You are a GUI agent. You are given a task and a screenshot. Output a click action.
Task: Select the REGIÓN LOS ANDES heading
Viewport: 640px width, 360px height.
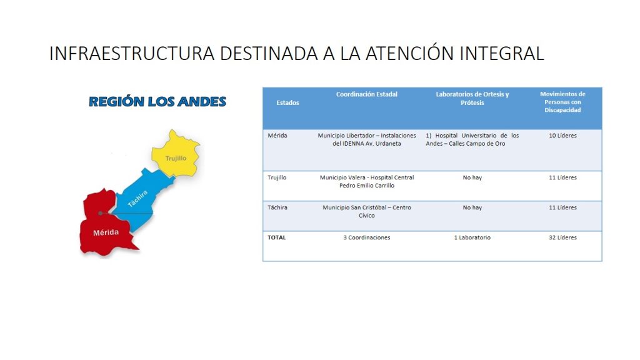click(157, 102)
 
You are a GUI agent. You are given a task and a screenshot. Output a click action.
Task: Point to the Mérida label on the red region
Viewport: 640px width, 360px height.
click(106, 232)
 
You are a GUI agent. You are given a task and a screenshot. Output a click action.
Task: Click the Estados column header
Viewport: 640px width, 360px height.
click(287, 103)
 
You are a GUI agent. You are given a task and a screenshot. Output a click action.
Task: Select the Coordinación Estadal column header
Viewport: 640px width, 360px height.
click(366, 94)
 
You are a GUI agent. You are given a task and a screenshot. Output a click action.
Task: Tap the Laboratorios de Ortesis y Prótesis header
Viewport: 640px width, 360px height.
click(472, 98)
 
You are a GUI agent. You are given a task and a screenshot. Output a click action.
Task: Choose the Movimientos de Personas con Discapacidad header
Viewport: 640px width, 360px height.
click(562, 102)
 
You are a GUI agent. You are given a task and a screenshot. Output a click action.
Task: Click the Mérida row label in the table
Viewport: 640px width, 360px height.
click(277, 136)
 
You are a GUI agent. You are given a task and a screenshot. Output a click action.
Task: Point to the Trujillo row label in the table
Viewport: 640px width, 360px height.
click(277, 177)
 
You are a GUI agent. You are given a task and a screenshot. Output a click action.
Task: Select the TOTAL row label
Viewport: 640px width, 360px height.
click(277, 237)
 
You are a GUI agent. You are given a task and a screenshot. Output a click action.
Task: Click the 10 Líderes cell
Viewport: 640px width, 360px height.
click(562, 136)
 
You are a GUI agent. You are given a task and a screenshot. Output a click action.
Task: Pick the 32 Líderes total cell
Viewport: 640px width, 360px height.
click(562, 237)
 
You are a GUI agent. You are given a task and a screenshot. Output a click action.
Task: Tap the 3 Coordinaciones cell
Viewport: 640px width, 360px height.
click(366, 237)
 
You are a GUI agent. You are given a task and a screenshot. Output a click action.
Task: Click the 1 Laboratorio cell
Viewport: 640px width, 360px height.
click(472, 237)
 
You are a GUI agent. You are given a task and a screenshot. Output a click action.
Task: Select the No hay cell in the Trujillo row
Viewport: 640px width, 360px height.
click(472, 177)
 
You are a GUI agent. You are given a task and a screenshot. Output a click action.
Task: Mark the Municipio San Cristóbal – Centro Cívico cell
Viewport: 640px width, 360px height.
click(366, 211)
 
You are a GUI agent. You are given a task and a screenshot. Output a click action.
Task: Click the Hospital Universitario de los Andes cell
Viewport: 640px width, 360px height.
click(472, 139)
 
